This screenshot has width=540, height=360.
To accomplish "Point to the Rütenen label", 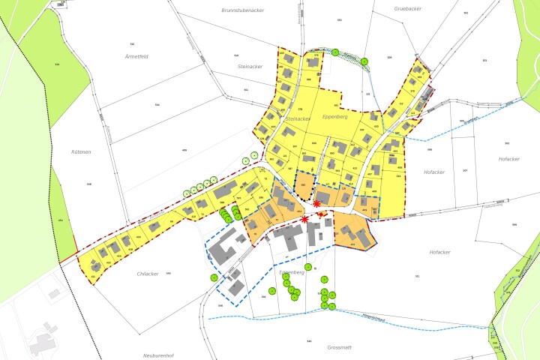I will (81, 151).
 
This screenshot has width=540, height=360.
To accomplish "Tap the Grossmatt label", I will (340, 348).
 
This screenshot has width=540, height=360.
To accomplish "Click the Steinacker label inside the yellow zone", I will (298, 118).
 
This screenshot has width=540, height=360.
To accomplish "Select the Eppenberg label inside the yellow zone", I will (334, 118).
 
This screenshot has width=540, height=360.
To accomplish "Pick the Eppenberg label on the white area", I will (291, 271).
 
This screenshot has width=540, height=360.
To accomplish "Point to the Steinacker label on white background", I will (250, 67).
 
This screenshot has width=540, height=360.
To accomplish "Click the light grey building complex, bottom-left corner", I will (41, 341).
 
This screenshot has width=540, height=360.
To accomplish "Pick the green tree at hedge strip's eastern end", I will (364, 61).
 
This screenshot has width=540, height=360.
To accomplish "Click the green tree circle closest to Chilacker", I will (214, 277).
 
